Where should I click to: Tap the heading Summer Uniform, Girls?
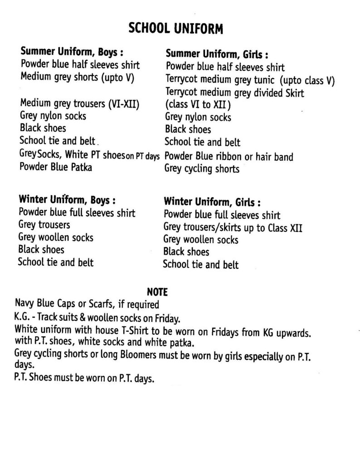click(x=217, y=54)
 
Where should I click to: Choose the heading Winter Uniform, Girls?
click(x=212, y=201)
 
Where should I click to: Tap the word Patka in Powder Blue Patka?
click(x=80, y=167)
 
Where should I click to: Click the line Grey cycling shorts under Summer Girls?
click(x=202, y=169)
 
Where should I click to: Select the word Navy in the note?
click(x=25, y=303)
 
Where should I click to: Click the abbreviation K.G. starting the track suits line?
click(x=23, y=316)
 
